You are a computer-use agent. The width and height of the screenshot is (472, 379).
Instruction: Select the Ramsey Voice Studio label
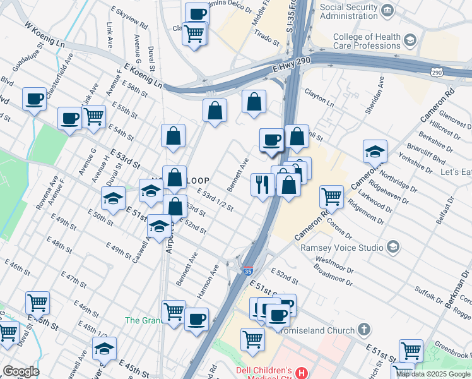click(343, 247)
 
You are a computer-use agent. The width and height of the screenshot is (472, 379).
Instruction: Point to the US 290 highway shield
click(437, 73)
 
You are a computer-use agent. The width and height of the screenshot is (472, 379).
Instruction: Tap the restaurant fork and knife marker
click(263, 184)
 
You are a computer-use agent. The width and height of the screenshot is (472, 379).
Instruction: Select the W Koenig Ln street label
click(45, 37)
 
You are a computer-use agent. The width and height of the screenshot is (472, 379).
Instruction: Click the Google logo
click(21, 371)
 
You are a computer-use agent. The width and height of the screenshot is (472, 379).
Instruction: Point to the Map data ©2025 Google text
click(433, 374)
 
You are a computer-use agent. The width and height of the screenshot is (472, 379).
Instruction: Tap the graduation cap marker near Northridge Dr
click(375, 151)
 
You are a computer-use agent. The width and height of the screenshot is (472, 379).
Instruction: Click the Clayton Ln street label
click(319, 98)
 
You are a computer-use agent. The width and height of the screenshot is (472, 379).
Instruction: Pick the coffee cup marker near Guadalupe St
click(34, 99)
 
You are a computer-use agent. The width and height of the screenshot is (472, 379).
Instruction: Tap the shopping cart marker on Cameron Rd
click(331, 196)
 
